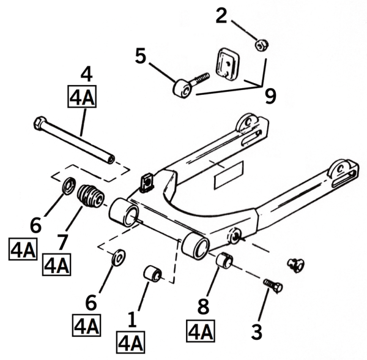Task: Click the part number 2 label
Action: tap(221, 16)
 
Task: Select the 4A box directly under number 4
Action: tap(82, 98)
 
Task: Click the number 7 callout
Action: tap(62, 244)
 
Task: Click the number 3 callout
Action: tap(257, 333)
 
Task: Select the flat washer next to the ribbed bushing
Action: tap(70, 184)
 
